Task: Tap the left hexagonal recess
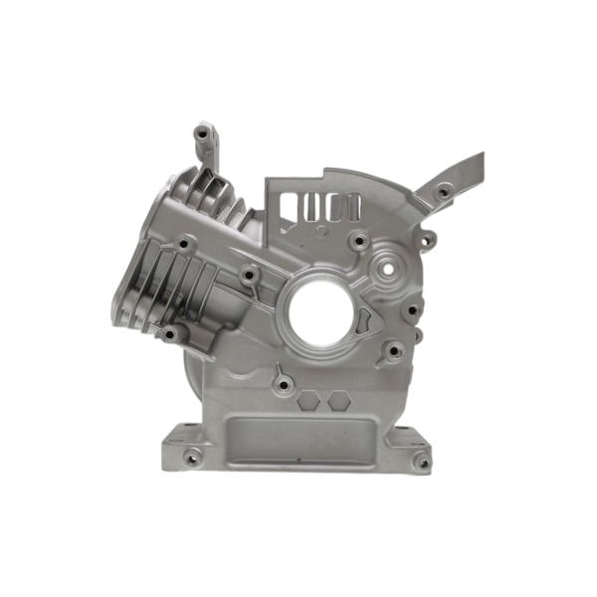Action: (x=309, y=399)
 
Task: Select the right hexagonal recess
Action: (x=337, y=399)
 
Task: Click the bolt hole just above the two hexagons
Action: (x=283, y=380)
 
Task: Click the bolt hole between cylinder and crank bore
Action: (x=252, y=273)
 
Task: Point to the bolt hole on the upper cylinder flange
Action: (x=185, y=242)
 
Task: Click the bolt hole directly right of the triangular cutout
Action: (x=407, y=308)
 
